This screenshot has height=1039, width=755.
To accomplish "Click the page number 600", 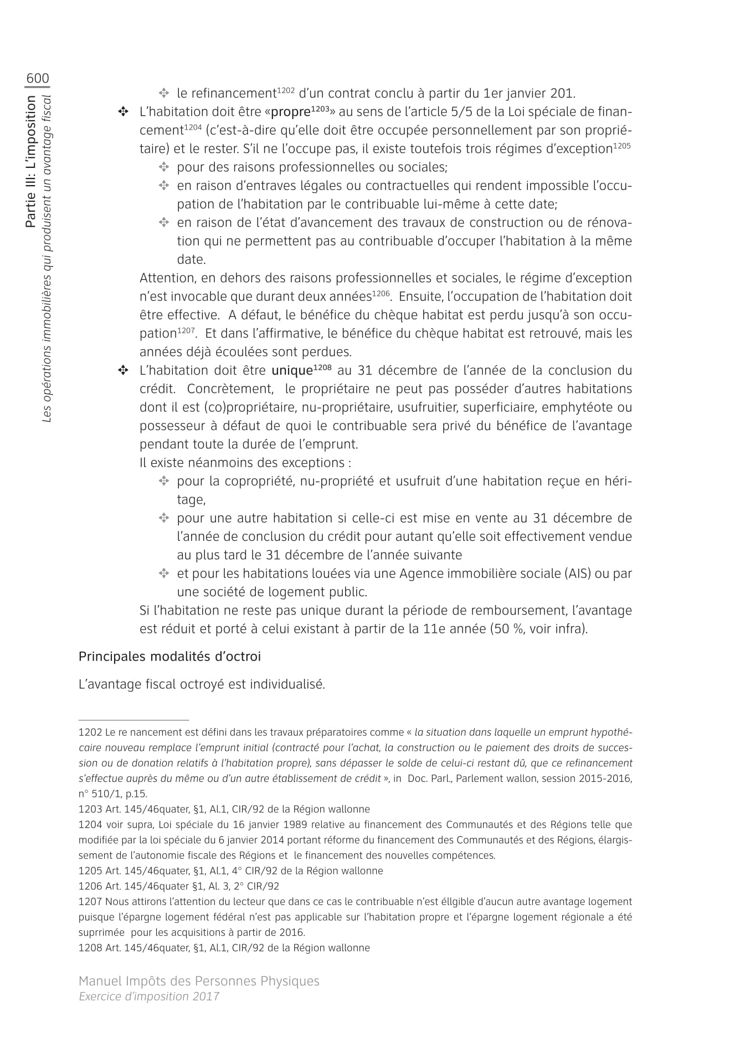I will point(37,79).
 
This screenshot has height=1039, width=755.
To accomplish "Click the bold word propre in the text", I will point(290,112).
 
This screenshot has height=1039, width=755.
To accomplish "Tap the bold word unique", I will point(291,371).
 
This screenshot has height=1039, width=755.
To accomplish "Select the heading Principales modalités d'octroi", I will point(170,657).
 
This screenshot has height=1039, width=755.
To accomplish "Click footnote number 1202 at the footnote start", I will point(90,733).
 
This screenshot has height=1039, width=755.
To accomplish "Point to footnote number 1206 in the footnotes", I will point(90,886).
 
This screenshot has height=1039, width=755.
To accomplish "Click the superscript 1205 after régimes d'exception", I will point(622,146).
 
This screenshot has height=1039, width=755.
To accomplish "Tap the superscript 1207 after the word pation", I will point(186,330).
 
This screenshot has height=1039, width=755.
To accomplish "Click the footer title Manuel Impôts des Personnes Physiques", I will point(199,981).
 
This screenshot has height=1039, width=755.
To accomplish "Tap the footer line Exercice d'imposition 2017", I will point(149,996).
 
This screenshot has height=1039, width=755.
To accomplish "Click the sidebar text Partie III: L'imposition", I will point(31,161).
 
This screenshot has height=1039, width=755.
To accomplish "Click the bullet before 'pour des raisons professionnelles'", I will point(164,167).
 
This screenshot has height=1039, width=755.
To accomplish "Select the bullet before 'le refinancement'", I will point(164,93).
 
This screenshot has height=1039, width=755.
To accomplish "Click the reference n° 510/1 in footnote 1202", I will point(101,794).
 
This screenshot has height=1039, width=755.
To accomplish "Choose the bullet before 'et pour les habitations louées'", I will point(164,574).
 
